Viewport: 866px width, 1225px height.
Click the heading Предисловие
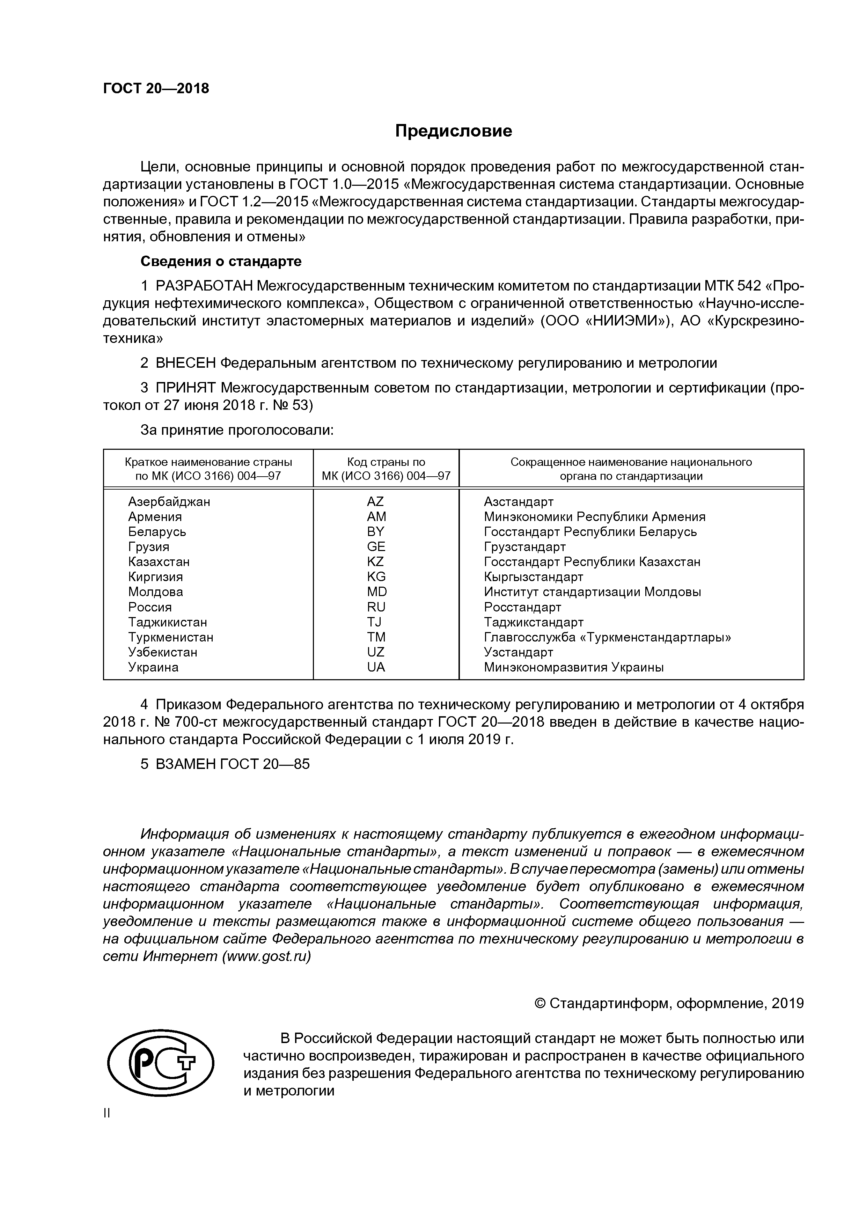pyautogui.click(x=454, y=131)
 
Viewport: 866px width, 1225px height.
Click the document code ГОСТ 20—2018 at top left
pyautogui.click(x=156, y=89)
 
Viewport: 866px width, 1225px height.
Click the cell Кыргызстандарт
pyautogui.click(x=533, y=577)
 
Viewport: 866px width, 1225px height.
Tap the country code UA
pyautogui.click(x=376, y=667)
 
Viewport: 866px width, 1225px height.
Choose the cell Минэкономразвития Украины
pyautogui.click(x=574, y=667)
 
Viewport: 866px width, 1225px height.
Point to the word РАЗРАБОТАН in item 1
pyautogui.click(x=204, y=286)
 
